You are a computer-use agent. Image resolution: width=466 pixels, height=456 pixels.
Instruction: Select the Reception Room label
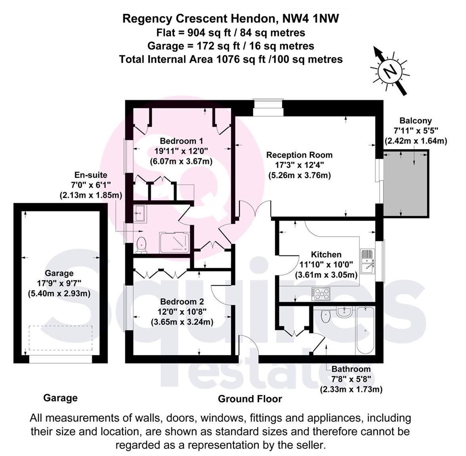299,155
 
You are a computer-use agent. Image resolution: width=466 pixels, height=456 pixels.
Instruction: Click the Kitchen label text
326,255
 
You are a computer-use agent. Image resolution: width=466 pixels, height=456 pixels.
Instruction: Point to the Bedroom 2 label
182,302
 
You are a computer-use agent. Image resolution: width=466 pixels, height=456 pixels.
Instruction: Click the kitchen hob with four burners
321,293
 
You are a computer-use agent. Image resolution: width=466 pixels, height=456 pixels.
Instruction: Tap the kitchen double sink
367,262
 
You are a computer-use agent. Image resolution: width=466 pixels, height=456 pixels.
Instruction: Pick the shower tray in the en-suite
174,242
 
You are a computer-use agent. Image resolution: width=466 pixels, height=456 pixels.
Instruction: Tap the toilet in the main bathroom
325,315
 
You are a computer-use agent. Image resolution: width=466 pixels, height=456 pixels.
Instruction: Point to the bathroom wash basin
345,312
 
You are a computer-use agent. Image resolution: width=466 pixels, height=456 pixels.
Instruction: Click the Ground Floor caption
249,399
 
